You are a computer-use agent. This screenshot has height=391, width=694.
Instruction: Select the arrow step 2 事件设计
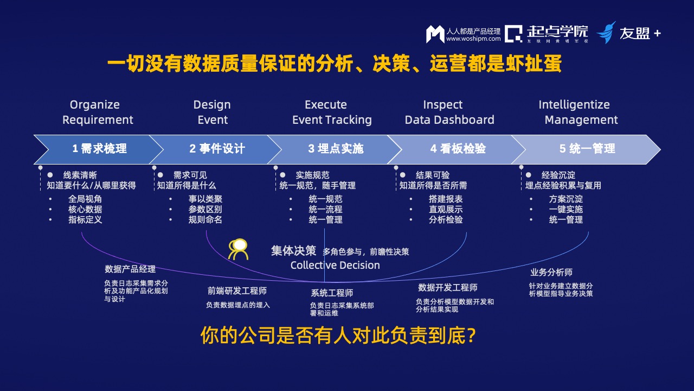[217, 149]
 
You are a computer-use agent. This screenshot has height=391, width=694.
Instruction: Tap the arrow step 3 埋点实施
[336, 149]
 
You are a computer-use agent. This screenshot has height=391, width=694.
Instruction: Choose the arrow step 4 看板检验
[458, 149]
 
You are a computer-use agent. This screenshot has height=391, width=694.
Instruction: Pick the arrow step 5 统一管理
[587, 149]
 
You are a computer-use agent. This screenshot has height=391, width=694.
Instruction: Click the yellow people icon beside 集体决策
[239, 249]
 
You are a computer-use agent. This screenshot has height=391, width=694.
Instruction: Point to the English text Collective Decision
[335, 266]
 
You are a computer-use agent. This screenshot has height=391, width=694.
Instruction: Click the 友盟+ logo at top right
[628, 33]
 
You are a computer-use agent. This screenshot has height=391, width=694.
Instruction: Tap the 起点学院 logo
[547, 33]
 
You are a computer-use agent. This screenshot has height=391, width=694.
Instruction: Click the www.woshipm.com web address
[473, 39]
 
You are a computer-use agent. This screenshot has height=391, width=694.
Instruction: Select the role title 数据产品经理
[130, 269]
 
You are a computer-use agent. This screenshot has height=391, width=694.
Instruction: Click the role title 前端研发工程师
[237, 291]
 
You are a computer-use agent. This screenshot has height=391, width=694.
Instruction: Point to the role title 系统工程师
[332, 293]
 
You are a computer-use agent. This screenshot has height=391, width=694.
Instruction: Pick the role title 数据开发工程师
[447, 287]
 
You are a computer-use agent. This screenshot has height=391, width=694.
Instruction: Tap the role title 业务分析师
[551, 272]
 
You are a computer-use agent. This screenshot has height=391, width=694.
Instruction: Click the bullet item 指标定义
[85, 220]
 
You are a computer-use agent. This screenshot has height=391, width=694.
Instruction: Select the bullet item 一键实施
[566, 210]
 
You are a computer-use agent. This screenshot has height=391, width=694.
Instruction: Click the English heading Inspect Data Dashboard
[449, 112]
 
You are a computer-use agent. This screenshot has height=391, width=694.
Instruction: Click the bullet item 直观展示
[446, 210]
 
